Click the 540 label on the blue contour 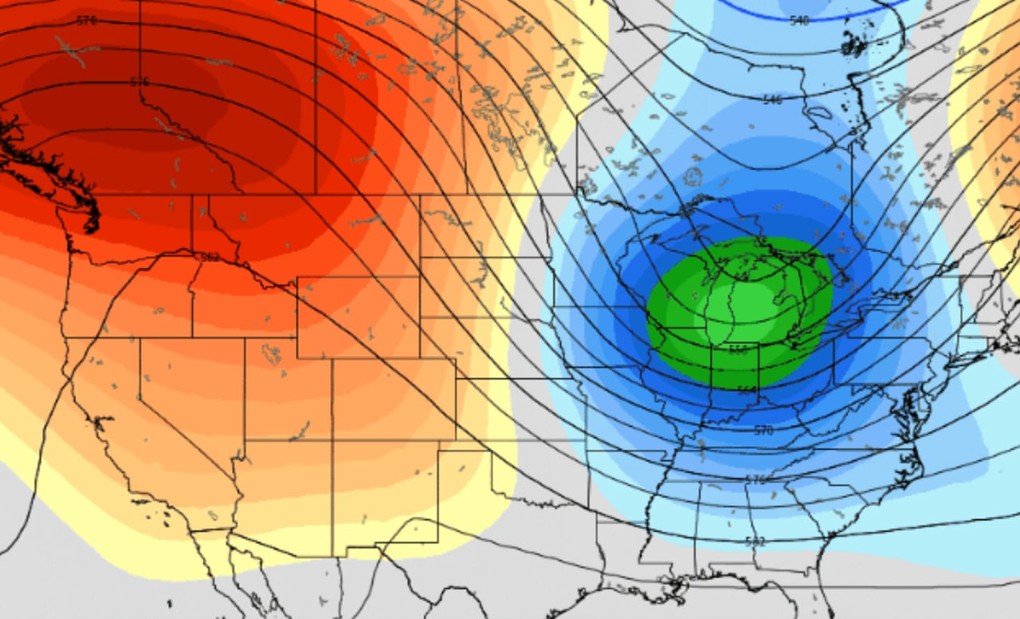799,20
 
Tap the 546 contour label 772,100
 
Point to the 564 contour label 747,390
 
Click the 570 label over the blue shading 763,431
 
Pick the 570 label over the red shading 86,20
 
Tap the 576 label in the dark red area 139,82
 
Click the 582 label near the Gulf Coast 755,542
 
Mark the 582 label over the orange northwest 210,257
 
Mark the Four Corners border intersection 333,440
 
